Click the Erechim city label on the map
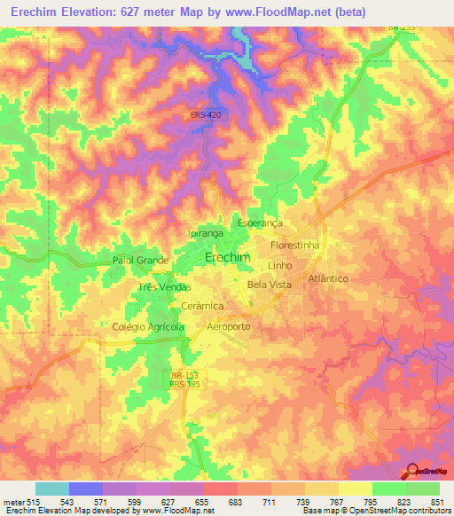(x=227, y=257)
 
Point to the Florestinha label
(x=294, y=244)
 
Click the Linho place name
(x=279, y=265)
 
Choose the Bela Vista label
(x=269, y=285)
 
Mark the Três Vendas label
(x=165, y=288)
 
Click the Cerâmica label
(x=201, y=305)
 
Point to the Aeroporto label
(x=228, y=326)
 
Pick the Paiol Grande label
(x=140, y=261)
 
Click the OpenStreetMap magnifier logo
(x=411, y=471)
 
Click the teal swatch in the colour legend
(x=52, y=489)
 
